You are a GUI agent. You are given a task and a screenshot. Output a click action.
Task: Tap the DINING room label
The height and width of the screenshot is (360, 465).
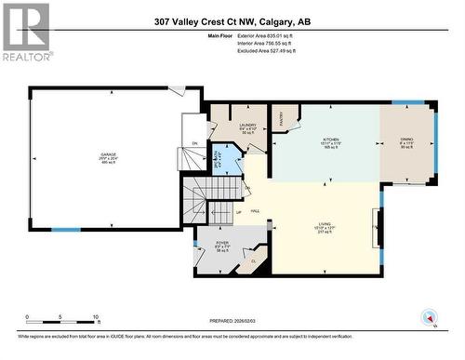406,140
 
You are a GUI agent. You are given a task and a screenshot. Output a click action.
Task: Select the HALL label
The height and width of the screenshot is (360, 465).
254,212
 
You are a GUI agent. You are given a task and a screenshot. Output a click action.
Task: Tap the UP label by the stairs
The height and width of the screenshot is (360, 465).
212,213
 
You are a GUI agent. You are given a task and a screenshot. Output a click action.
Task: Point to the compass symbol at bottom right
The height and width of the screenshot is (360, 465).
429,317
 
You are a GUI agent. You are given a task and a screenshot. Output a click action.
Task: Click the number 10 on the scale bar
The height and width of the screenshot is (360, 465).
95,317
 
